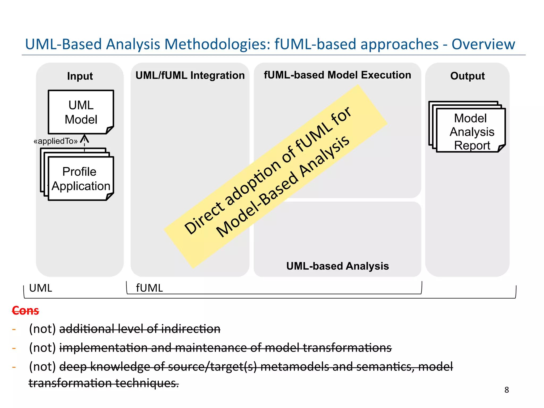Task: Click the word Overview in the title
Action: click(483, 44)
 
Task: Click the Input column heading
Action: click(80, 76)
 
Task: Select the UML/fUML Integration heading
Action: click(190, 75)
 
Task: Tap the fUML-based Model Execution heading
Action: click(337, 75)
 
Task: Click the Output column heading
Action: click(467, 76)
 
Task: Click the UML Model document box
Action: click(81, 112)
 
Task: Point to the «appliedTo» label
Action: click(56, 141)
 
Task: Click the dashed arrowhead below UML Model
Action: click(84, 138)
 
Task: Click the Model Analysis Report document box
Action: click(471, 131)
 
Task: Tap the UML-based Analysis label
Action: click(337, 266)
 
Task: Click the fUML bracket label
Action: click(149, 288)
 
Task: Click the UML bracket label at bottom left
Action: click(40, 288)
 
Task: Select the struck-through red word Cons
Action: click(25, 311)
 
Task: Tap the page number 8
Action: click(507, 390)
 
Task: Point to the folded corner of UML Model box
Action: click(110, 130)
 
